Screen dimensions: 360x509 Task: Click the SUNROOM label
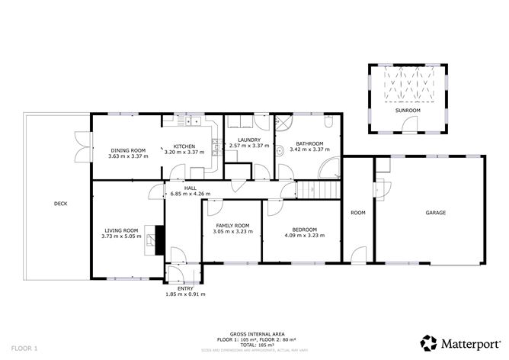tap(407, 111)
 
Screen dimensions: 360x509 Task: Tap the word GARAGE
tap(435, 213)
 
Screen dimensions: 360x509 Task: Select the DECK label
tap(60, 204)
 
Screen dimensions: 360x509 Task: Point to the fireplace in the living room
tap(158, 238)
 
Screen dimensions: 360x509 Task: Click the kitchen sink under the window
tap(187, 119)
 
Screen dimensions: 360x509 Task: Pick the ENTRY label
tap(185, 288)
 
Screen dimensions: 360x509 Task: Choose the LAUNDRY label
tap(249, 140)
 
